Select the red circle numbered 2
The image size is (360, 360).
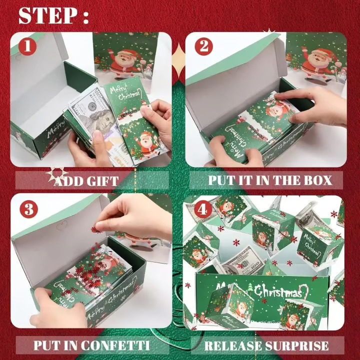pos(203,47)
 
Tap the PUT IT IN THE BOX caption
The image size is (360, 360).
pos(268,180)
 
